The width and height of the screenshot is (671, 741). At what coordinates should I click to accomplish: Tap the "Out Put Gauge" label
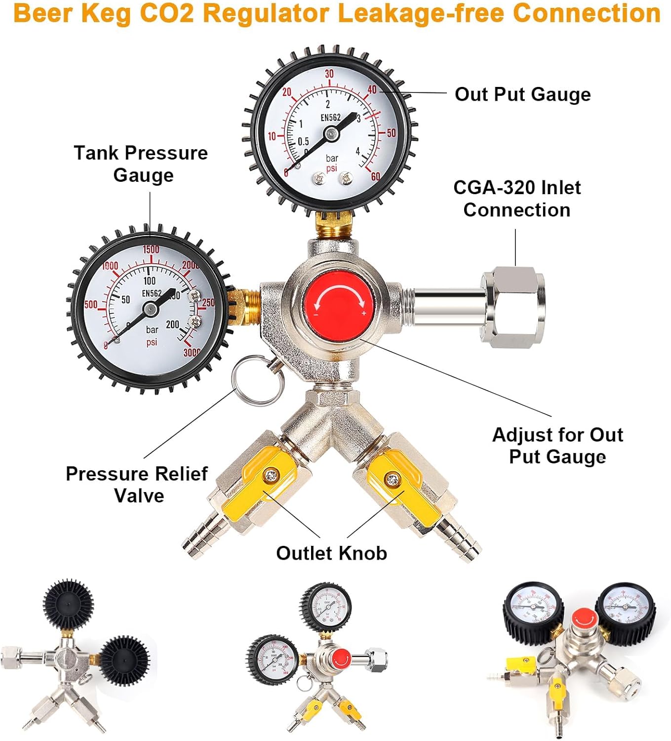[522, 94]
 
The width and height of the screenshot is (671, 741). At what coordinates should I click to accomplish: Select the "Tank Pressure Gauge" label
[141, 164]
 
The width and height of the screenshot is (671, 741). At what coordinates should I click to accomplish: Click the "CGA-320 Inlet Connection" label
[517, 199]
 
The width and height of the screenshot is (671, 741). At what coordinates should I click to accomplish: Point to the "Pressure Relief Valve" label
[137, 485]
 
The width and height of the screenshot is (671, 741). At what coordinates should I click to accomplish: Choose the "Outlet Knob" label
[331, 553]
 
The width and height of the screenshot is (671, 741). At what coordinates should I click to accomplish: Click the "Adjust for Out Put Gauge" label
[557, 446]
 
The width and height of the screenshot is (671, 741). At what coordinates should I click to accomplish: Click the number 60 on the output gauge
[376, 177]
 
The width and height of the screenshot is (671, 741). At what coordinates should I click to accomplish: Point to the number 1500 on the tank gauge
[151, 249]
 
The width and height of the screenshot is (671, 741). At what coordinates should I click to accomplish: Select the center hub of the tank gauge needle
[150, 310]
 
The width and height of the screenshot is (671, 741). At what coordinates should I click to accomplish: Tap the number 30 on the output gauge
[329, 74]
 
